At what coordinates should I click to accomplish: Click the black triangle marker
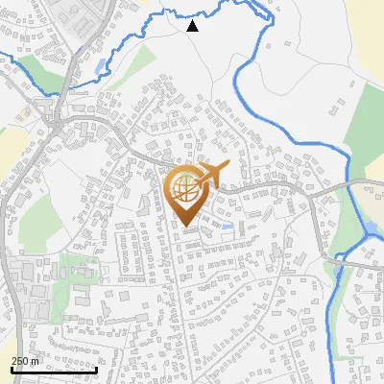click(193, 26)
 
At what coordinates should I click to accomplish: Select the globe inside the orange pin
click(186, 188)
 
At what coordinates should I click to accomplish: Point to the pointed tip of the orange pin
click(186, 227)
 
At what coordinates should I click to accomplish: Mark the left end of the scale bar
click(12, 370)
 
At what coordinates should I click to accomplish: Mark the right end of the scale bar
click(98, 370)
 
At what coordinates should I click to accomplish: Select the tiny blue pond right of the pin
click(227, 225)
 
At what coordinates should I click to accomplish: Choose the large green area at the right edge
click(366, 125)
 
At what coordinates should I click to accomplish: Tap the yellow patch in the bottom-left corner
click(6, 317)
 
